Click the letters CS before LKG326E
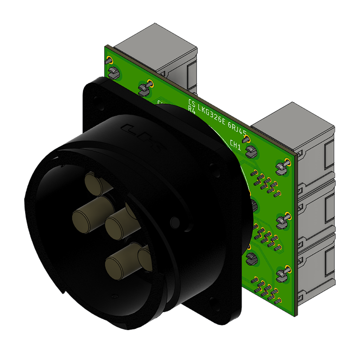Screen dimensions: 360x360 coord(192,103)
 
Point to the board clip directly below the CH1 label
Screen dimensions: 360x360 coord(252,151)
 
